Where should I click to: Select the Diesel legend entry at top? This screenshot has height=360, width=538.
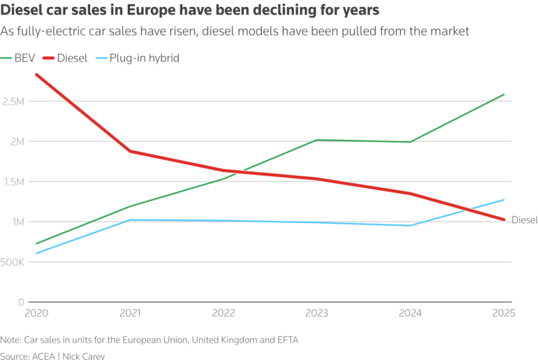click(71, 58)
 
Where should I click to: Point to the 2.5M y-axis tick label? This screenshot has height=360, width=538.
click(12, 101)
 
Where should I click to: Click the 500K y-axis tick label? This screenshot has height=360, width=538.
click(12, 262)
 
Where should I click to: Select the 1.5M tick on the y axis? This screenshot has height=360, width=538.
click(12, 182)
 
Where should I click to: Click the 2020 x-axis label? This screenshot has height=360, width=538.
click(36, 313)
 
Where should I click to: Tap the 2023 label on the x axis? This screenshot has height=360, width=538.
click(317, 313)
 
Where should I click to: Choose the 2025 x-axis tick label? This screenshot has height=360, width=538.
click(502, 313)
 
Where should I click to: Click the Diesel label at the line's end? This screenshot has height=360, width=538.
click(524, 220)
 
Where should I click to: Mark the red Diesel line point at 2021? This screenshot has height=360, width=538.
click(130, 151)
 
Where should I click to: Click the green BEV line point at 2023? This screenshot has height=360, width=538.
click(317, 140)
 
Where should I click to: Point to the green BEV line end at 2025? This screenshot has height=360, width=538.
click(504, 94)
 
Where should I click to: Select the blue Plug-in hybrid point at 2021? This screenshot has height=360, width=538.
click(130, 220)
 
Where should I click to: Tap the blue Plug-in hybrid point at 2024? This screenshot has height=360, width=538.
click(410, 225)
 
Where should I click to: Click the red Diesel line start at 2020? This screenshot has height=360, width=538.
click(36, 74)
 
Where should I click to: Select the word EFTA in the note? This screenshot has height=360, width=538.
click(284, 340)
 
